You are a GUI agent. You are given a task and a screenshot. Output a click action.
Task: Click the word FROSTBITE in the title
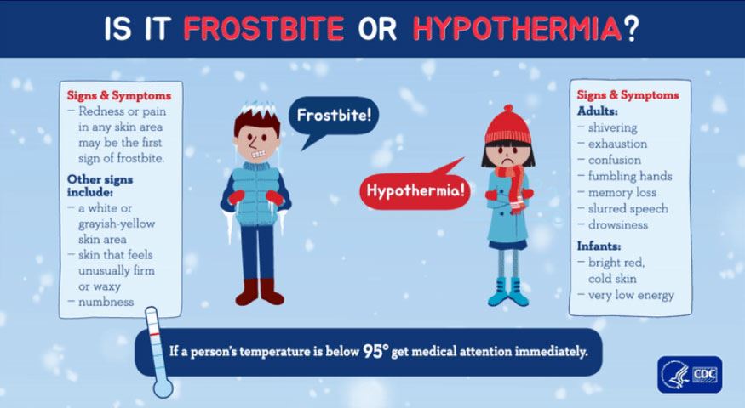[x=264, y=28]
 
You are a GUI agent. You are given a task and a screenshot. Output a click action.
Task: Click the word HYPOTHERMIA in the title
[x=517, y=28]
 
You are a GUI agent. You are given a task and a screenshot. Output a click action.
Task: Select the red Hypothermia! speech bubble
[x=415, y=191]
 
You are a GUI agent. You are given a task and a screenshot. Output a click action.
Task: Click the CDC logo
[x=689, y=374]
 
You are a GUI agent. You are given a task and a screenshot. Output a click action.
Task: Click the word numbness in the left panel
[x=101, y=302]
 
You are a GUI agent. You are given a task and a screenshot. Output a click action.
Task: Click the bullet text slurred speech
[x=628, y=209]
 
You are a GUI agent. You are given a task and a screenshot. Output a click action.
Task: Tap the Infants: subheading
[x=601, y=246]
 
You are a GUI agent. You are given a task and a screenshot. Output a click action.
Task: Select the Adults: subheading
[x=598, y=111]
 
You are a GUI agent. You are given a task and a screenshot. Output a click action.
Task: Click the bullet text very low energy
[x=630, y=295]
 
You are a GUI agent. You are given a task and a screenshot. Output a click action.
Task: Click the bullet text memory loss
[x=622, y=193]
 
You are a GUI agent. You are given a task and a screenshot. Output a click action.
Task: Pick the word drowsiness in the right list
[x=617, y=225]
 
